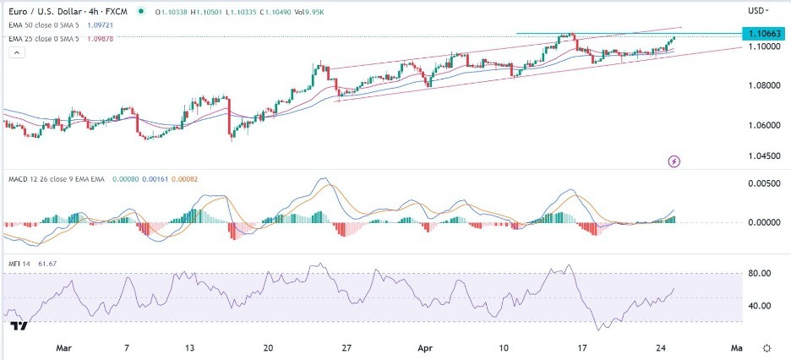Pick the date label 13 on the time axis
click(x=190, y=347)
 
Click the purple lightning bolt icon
click(x=674, y=161)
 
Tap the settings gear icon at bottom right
click(x=766, y=347)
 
